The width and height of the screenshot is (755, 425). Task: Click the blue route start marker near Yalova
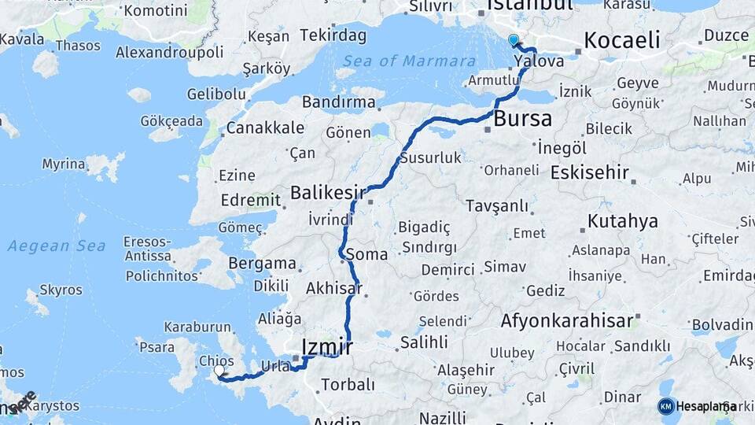514,39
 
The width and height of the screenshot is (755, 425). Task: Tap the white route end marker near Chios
219,370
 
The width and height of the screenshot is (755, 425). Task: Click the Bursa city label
523,119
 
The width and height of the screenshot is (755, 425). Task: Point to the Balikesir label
328,192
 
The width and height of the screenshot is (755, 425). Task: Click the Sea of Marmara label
409,61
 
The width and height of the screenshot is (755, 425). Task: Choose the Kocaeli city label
622,41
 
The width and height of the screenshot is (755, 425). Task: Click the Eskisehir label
589,172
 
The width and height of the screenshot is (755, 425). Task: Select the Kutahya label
622,220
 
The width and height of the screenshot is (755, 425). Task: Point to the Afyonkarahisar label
566,320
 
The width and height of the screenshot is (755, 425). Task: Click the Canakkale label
265,128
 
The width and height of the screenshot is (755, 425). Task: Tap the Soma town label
366,255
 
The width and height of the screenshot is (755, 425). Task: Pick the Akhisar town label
334,288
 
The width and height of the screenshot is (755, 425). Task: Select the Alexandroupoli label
169,52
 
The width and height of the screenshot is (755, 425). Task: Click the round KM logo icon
666,406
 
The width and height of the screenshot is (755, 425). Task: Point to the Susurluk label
430,157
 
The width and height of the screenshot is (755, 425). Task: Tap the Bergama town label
262,264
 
